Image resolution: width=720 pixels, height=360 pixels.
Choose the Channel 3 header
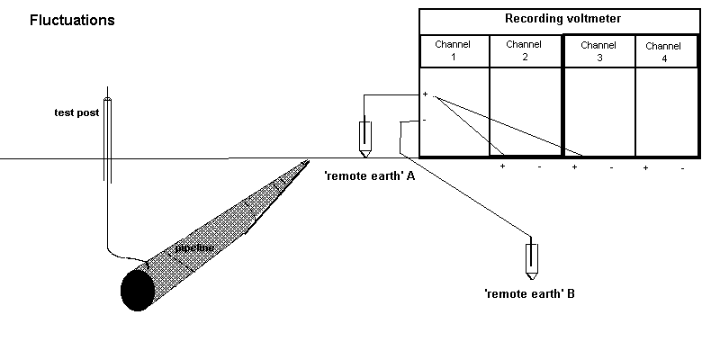pos(598,50)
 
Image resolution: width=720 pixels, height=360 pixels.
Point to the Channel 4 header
pos(664,51)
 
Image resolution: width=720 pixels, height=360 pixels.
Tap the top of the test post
pos(108,98)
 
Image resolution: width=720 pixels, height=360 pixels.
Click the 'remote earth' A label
pos(369,176)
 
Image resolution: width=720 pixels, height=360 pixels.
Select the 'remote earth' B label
pos(529,292)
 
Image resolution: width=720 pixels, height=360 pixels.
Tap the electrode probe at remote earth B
pos(533,259)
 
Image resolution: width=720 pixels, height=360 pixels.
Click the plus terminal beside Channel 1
pos(425,94)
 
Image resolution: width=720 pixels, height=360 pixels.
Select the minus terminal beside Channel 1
pos(425,120)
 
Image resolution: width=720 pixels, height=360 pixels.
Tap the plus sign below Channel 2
pos(502,167)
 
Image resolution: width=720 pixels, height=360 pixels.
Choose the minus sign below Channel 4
pos(682,168)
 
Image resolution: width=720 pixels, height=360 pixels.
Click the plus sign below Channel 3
pos(573,167)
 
